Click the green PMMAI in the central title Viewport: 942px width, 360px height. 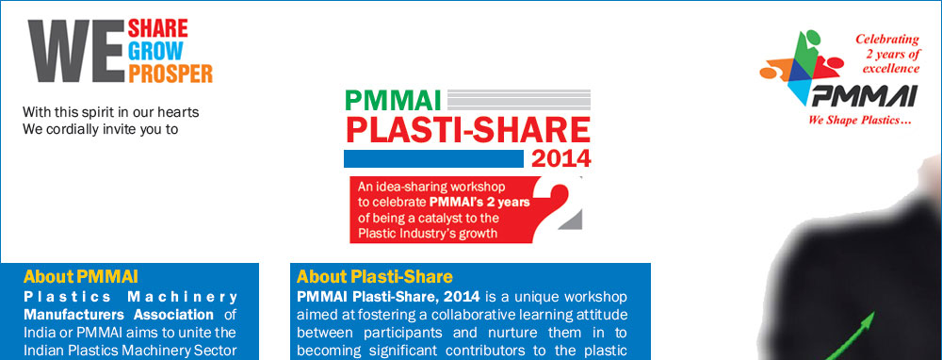click(395, 98)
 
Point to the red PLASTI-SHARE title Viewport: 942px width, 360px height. click(467, 129)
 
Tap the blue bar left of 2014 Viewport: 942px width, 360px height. click(432, 157)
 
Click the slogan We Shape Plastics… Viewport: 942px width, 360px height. click(853, 121)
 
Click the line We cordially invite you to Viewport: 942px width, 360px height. click(100, 129)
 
